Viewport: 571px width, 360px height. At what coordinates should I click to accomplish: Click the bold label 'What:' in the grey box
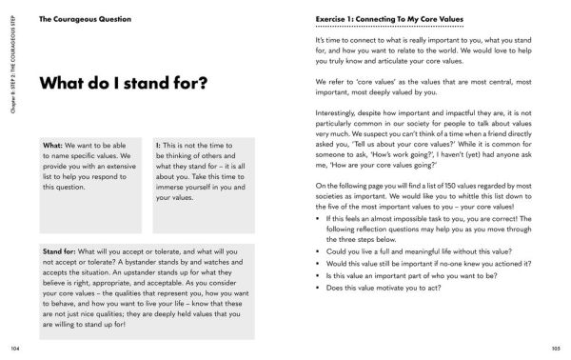(x=53, y=145)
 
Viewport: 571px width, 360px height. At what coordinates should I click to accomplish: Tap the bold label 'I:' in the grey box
(x=158, y=145)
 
